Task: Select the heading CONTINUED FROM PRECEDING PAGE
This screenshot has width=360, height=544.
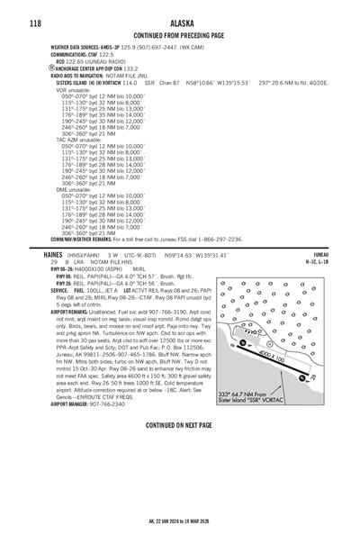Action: coord(179,34)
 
